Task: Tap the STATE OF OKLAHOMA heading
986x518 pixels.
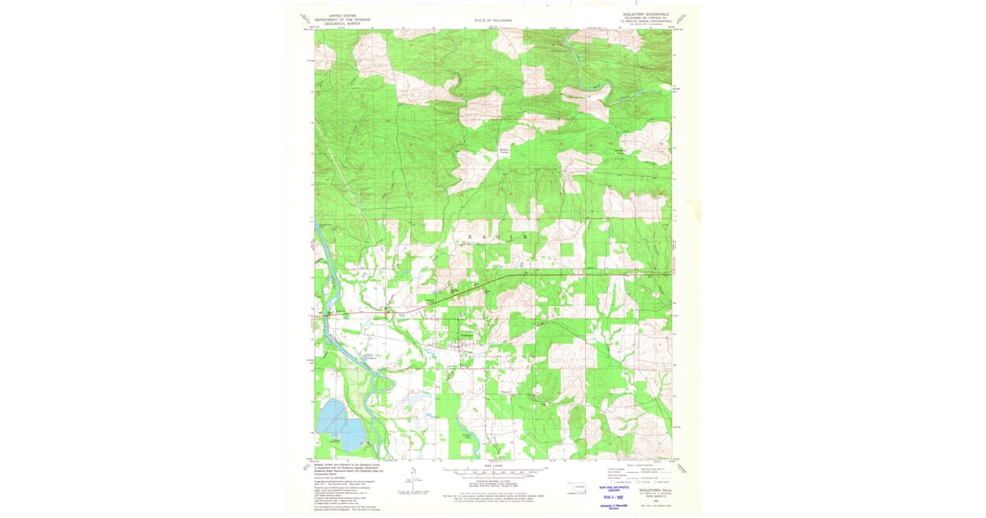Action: [493, 20]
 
